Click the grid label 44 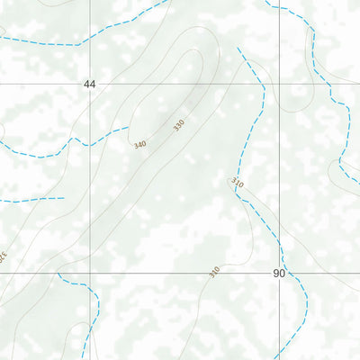tap(89, 84)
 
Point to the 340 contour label tap(140, 144)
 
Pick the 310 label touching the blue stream tap(238, 182)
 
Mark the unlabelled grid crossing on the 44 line tap(279, 84)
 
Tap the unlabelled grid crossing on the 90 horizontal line tap(90, 273)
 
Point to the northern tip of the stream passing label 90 tap(238, 49)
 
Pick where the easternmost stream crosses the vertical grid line tap(279, 10)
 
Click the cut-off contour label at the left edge tap(3, 255)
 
